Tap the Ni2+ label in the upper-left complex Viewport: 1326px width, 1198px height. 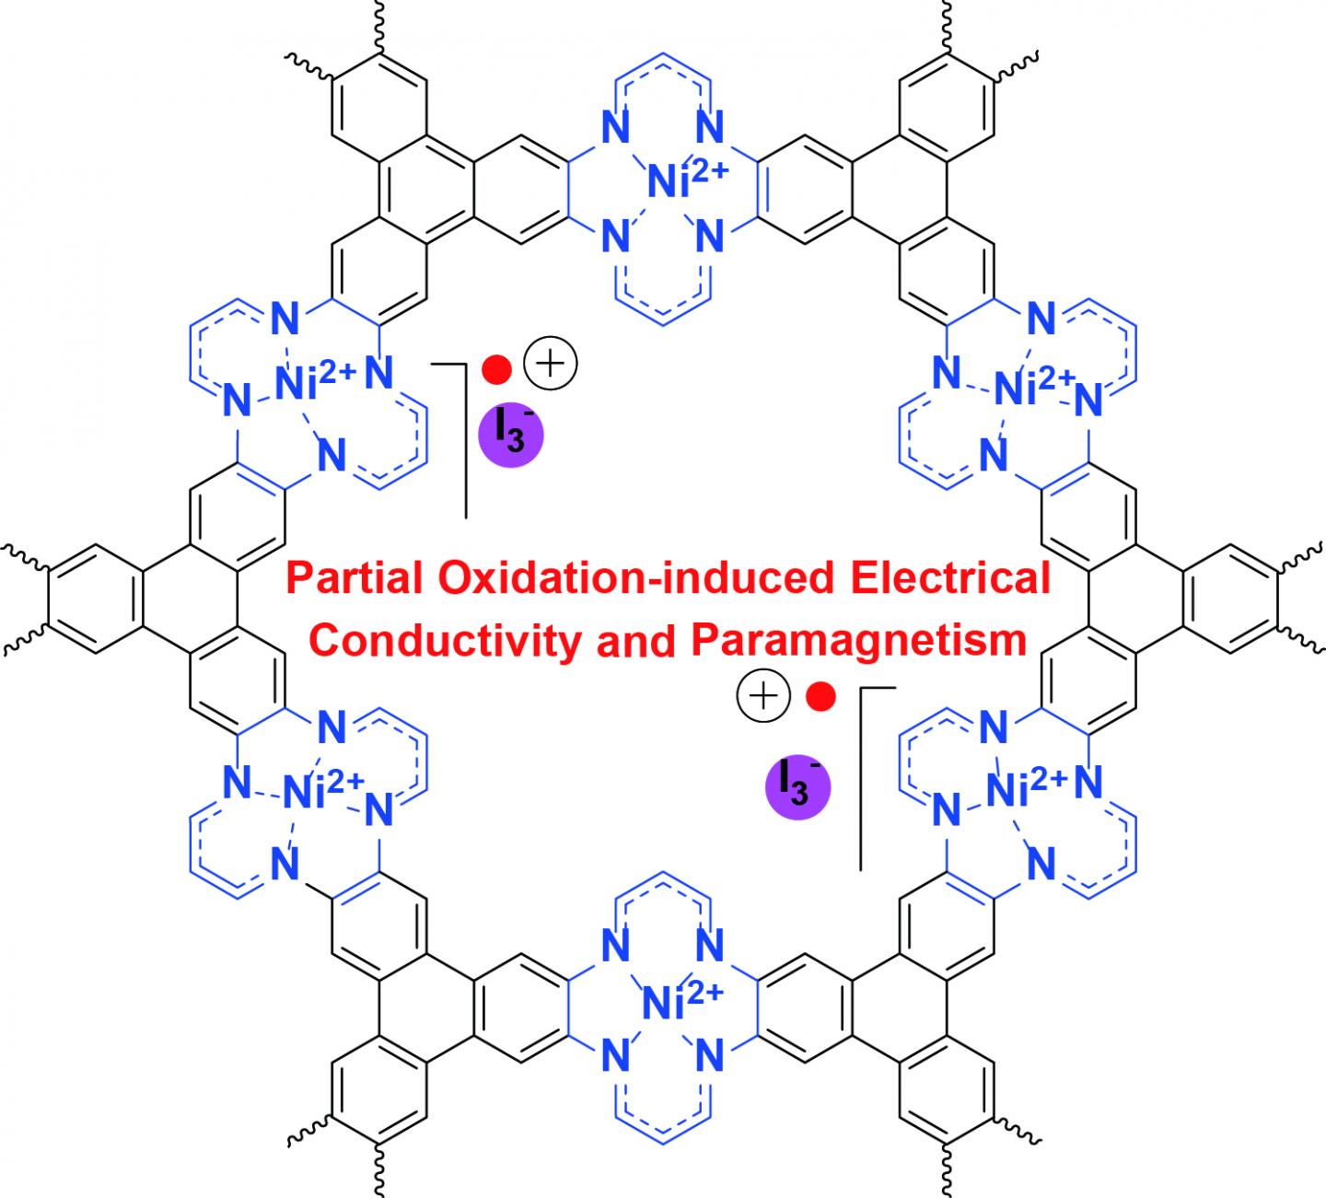[x=318, y=383]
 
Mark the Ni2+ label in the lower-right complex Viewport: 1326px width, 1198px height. [x=1026, y=785]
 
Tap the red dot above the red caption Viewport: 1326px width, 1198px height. [x=498, y=369]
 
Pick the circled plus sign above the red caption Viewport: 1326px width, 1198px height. [x=549, y=365]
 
